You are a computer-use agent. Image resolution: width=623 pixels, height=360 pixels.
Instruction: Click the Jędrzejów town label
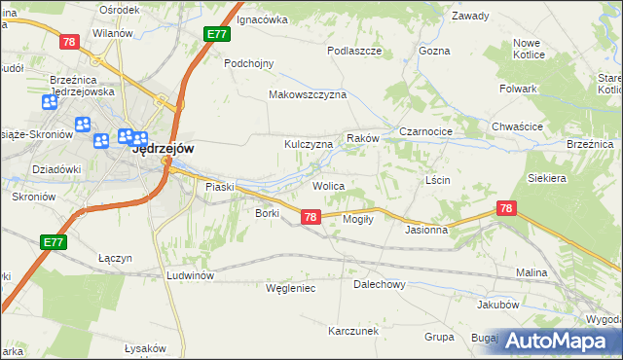coord(163,150)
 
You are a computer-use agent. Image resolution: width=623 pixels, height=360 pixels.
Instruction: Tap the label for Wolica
coord(329,185)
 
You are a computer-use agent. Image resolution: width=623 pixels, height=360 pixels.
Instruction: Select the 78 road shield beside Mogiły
coord(311,217)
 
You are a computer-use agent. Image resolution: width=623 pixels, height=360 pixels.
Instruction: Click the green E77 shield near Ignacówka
coord(217,35)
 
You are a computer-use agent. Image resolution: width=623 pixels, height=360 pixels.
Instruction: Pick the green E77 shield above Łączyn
coord(54,241)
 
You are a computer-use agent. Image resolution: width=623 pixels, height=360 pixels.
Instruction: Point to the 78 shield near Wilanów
coord(68,42)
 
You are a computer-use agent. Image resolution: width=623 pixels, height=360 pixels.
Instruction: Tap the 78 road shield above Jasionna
coord(505,208)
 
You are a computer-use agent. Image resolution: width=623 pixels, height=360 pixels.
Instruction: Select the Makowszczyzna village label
coord(308,95)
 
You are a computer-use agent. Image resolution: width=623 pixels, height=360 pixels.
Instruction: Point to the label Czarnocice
coord(422,132)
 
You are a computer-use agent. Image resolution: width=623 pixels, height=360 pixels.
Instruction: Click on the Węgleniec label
coord(291,288)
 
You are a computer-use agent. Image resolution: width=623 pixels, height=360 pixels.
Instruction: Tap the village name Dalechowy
coord(379,285)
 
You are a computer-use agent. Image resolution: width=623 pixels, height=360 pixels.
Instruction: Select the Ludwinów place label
coord(189,275)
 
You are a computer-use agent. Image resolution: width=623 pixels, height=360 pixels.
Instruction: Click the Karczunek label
coord(352,331)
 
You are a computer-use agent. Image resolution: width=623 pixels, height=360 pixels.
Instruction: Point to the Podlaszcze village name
coord(353,50)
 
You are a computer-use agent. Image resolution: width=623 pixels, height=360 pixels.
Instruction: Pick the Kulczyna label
coord(309,144)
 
